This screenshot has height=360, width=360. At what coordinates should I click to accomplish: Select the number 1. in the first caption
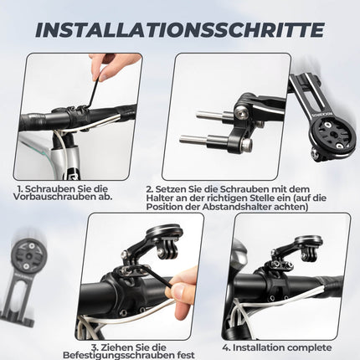tap(20, 190)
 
